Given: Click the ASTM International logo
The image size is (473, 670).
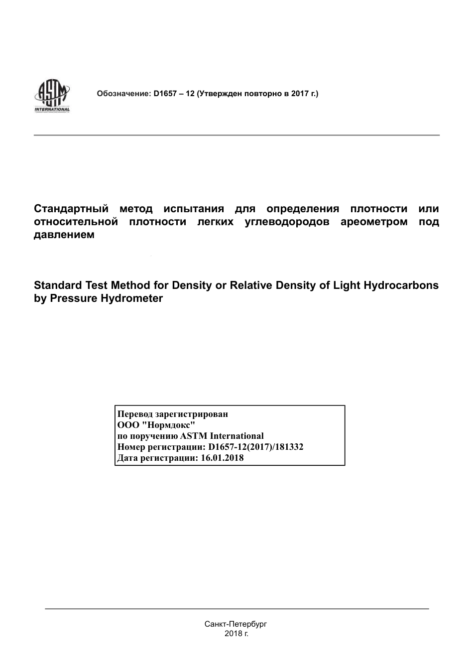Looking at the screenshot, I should click(52, 96).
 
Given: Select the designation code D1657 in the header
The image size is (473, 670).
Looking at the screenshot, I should click(165, 93).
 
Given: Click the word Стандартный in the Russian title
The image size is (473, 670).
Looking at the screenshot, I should click(71, 209).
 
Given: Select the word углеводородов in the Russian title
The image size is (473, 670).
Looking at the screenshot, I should click(287, 222).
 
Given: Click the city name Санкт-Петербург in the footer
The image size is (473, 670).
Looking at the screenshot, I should click(236, 624).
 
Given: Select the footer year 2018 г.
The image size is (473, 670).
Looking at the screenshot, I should click(236, 634).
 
